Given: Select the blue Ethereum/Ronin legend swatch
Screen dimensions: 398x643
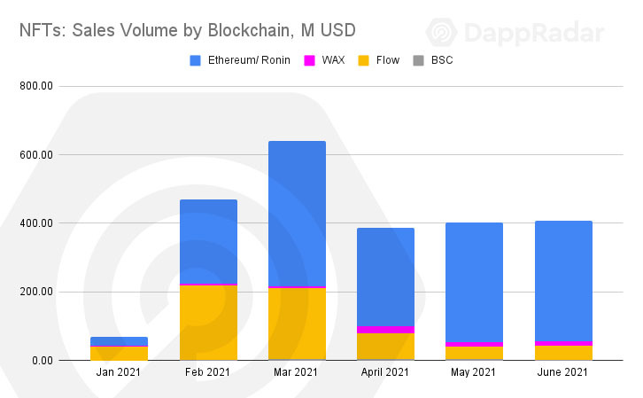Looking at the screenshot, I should [x=197, y=60].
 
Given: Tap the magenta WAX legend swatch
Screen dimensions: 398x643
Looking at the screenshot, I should [x=310, y=60].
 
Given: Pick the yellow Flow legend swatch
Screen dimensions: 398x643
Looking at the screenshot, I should [x=363, y=60].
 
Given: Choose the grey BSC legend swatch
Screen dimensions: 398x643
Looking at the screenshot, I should [x=414, y=60].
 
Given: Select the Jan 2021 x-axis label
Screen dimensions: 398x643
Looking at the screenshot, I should [x=119, y=374].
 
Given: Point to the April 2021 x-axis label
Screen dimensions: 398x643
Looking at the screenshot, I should [x=385, y=374].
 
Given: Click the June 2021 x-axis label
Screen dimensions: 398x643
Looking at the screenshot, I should [x=563, y=374].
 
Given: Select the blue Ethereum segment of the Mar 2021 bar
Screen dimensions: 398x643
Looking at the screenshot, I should [x=297, y=213].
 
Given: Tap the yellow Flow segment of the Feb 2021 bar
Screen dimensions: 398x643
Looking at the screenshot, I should [x=208, y=323].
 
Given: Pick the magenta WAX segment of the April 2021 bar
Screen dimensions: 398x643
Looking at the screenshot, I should [x=385, y=329].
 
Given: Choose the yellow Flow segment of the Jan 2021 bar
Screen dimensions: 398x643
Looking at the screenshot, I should [x=119, y=354].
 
